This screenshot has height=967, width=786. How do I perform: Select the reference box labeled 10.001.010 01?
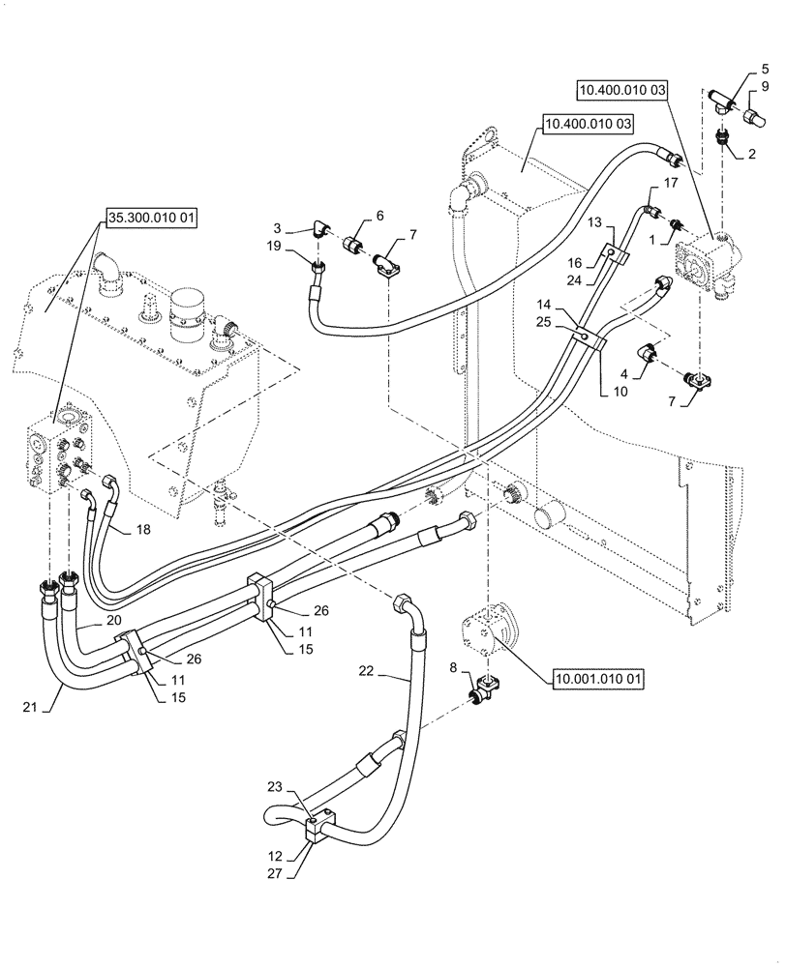pos(596,680)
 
